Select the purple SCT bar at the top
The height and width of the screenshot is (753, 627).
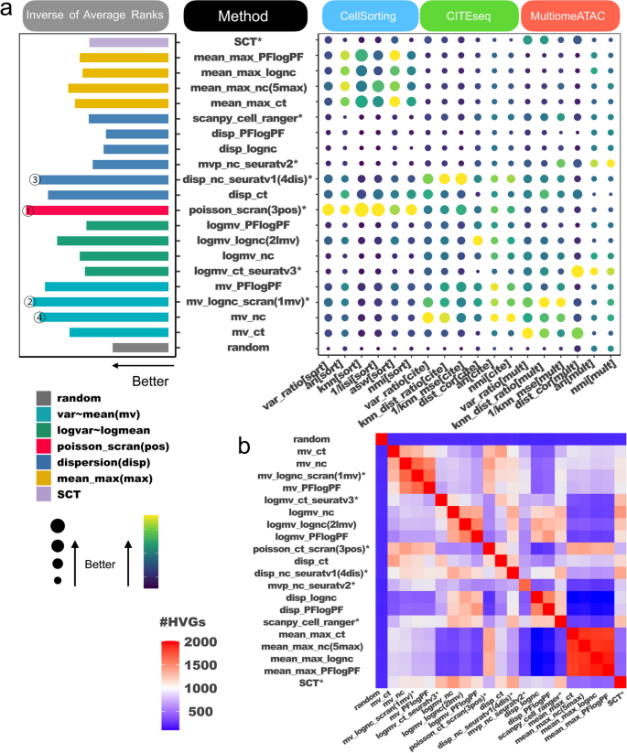click(128, 42)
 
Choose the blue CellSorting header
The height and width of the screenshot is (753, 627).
click(370, 16)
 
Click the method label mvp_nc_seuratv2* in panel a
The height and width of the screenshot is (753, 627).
click(252, 164)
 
